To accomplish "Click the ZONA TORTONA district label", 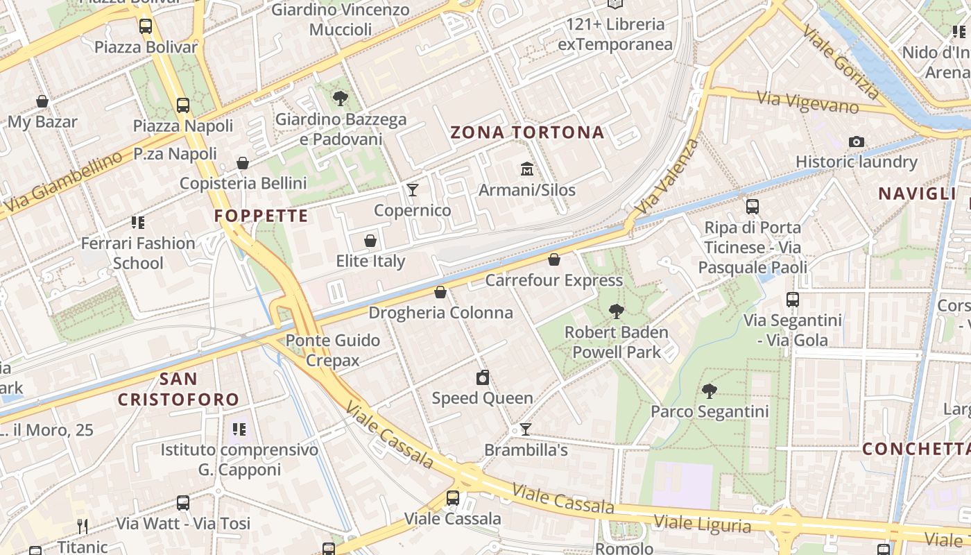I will coord(527,133).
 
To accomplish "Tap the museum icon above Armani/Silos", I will coord(526,169).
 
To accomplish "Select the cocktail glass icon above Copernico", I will coord(413,189).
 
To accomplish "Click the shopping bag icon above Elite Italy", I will coord(370,241).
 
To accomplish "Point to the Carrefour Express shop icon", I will coord(553,259).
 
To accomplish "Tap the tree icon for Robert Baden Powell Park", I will coord(616,311).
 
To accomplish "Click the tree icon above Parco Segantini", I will coord(709,391).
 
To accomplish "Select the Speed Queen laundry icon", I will coord(483,377).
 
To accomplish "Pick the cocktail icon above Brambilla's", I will coord(526,429).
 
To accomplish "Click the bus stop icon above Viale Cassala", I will coord(453,497).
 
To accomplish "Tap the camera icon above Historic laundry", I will coord(857,142).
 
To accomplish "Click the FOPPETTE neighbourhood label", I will coord(261,216).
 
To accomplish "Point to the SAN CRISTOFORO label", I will coord(178,389).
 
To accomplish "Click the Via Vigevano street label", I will coord(808,102).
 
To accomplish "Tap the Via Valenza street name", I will coord(667,176).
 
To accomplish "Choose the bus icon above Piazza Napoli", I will coord(183,105).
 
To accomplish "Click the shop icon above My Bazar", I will coord(42,101).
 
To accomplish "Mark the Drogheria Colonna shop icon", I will coord(440,292).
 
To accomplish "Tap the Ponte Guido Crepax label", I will coord(333,350).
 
